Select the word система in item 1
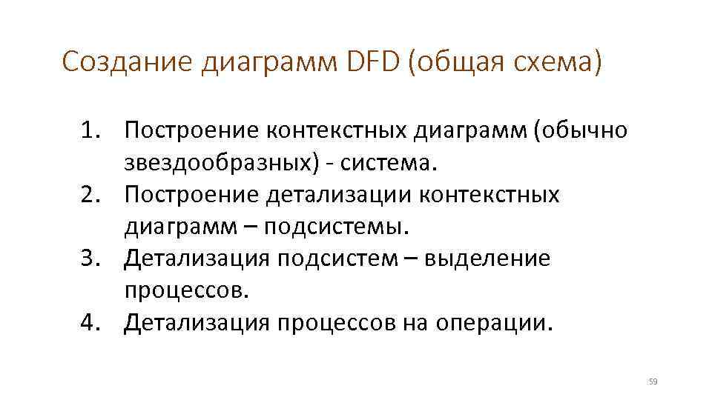pyautogui.click(x=386, y=163)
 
